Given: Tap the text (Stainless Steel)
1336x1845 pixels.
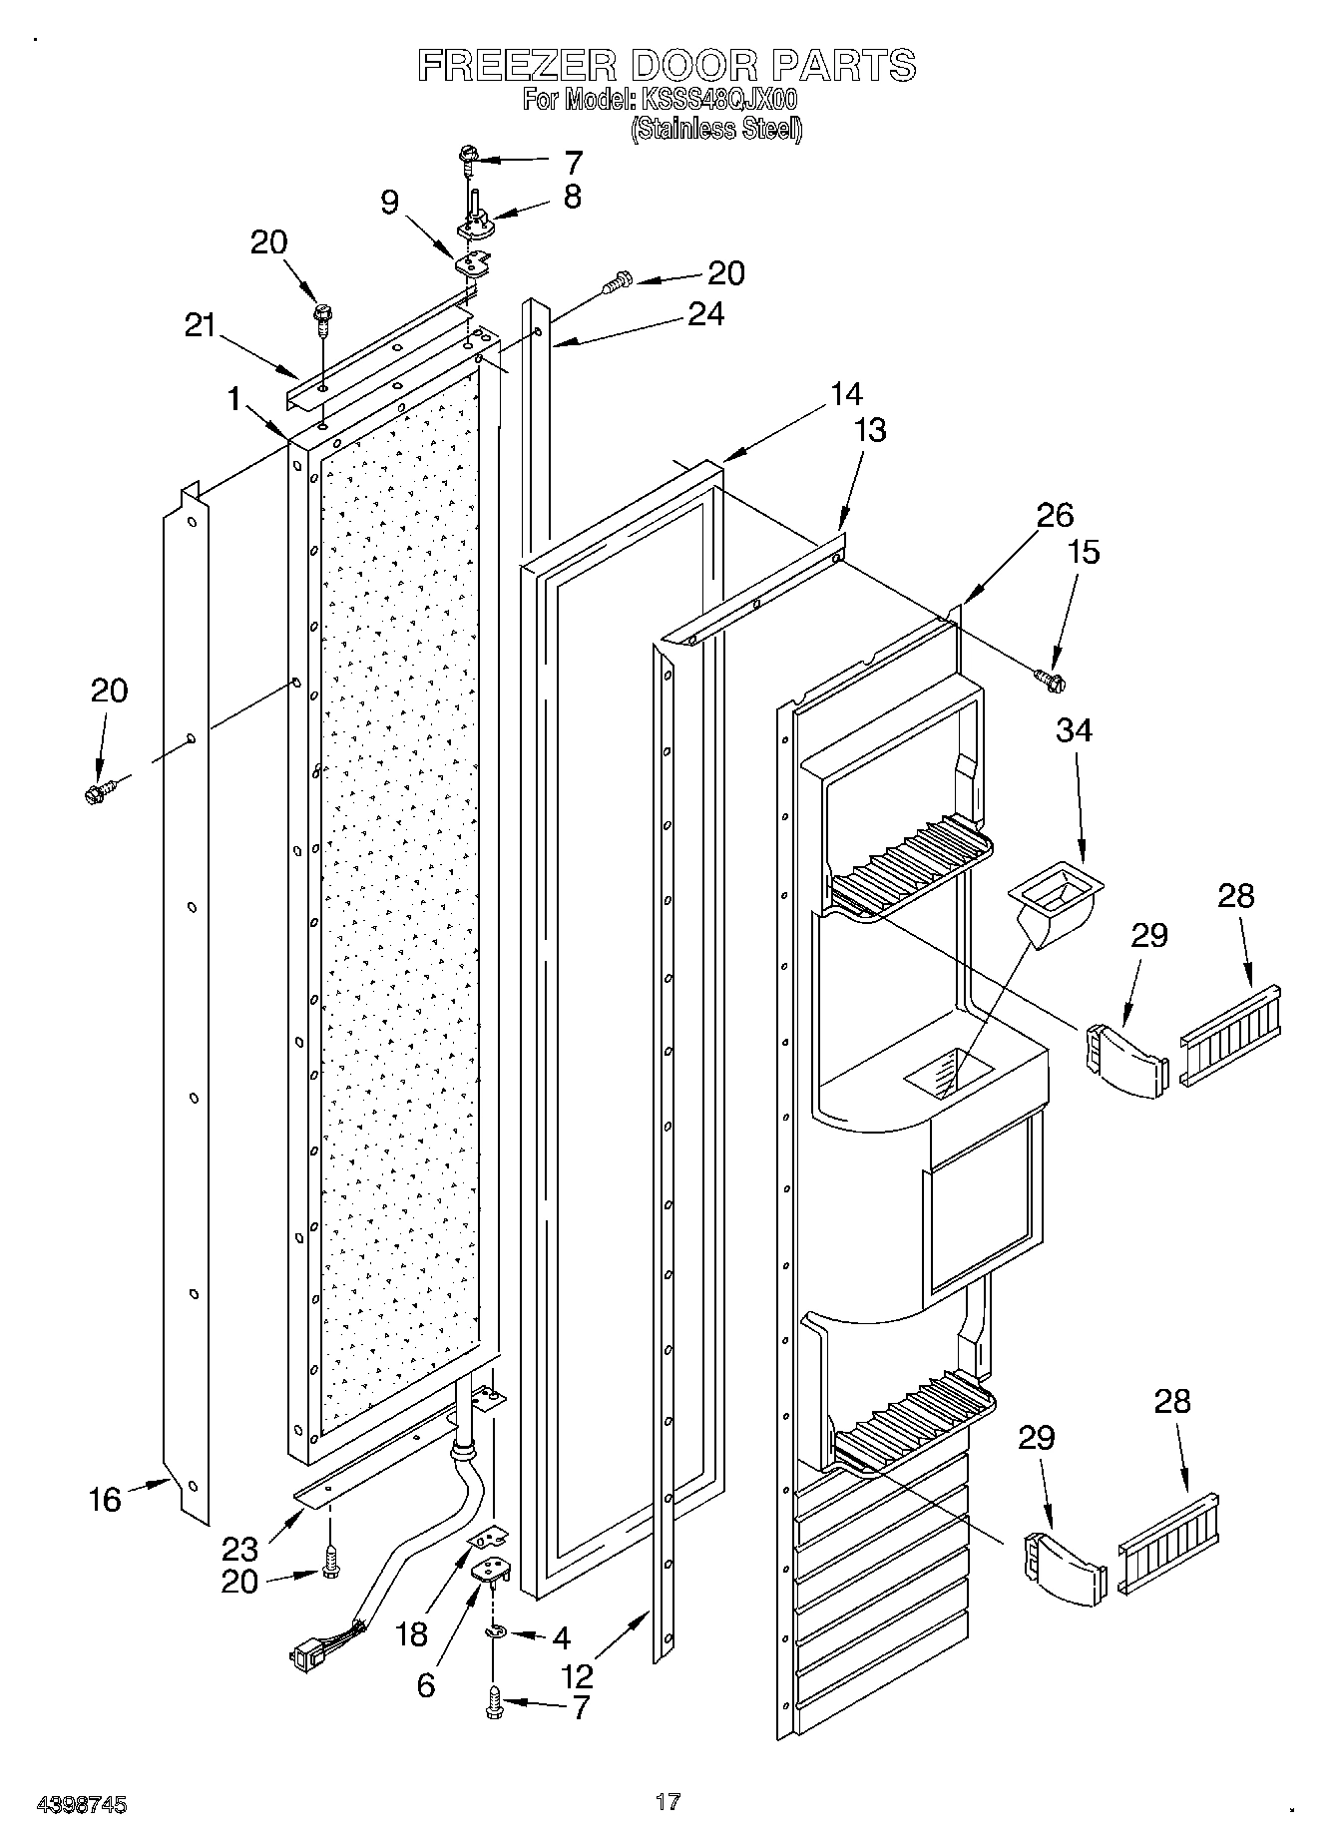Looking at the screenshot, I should (x=715, y=129).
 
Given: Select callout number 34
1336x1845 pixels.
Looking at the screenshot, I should (x=1074, y=730).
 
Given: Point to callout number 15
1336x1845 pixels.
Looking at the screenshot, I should (x=1084, y=552).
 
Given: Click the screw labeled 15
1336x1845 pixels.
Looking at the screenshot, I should (x=1050, y=681).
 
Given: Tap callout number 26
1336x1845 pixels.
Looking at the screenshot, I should (x=1055, y=515).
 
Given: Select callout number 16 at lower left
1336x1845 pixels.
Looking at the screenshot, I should (x=104, y=1499).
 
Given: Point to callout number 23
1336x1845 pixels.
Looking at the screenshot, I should (x=239, y=1549).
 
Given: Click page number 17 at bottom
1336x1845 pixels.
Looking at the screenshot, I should (x=668, y=1801).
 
